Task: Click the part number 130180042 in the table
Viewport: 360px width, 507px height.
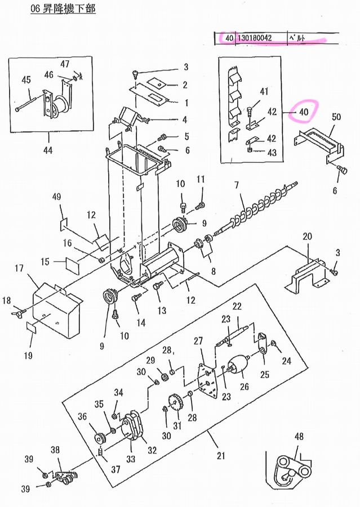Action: click(255, 38)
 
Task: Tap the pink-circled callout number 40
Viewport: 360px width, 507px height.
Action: click(304, 112)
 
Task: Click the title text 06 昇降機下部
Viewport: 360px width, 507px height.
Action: click(63, 8)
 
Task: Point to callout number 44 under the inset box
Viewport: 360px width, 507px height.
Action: click(48, 150)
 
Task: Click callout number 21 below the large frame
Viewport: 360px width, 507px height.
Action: click(221, 456)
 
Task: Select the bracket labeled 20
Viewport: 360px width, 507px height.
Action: click(306, 275)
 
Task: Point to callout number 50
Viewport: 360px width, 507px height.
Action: click(336, 117)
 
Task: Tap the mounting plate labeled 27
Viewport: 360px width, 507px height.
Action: click(207, 381)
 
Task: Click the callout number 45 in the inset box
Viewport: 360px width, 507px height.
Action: click(26, 79)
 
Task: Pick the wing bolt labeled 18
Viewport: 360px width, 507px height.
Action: click(19, 312)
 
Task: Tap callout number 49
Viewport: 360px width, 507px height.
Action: click(56, 197)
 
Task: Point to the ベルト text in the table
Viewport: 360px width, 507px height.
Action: click(297, 38)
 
